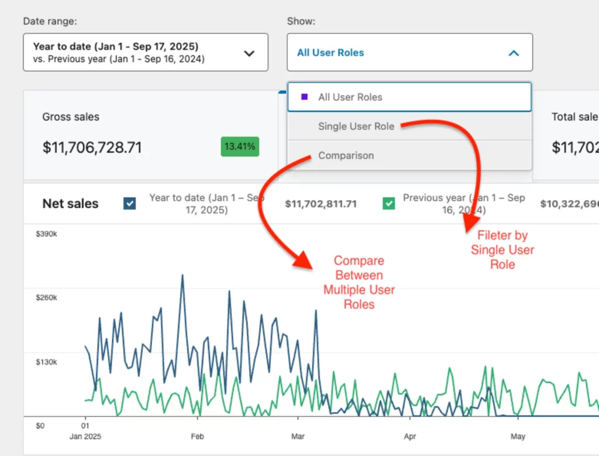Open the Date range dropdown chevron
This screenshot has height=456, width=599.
click(249, 53)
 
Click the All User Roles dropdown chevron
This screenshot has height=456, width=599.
click(514, 53)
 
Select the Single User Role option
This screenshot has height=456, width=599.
click(356, 126)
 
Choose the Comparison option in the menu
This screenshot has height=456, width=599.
click(346, 156)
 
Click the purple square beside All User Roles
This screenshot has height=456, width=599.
click(304, 97)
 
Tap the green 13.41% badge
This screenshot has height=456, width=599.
click(240, 147)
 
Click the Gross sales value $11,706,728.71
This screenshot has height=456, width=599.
click(92, 148)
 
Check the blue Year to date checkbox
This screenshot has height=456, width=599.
click(130, 204)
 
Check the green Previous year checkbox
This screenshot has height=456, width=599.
click(388, 204)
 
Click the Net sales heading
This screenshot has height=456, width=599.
click(70, 204)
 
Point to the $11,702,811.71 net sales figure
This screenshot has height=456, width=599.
click(321, 204)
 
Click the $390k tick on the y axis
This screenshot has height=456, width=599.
click(47, 234)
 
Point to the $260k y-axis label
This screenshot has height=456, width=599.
click(47, 297)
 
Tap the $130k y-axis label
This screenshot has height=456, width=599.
click(47, 362)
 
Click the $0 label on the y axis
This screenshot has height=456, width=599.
click(40, 426)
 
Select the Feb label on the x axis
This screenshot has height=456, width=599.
click(198, 436)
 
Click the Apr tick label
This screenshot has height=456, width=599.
click(410, 436)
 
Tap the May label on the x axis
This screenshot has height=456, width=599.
click(518, 436)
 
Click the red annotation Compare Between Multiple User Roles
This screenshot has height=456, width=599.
click(359, 282)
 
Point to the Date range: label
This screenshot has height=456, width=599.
click(50, 21)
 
